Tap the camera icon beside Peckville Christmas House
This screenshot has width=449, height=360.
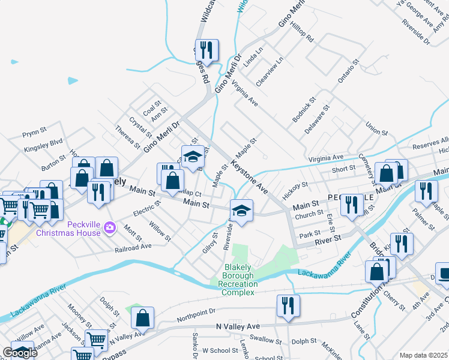109,227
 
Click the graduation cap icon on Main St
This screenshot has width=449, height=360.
241,211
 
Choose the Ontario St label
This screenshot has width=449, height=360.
348,71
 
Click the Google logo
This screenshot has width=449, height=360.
20,353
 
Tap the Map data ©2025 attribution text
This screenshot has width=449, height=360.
423,355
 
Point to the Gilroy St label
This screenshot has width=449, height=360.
209,244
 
